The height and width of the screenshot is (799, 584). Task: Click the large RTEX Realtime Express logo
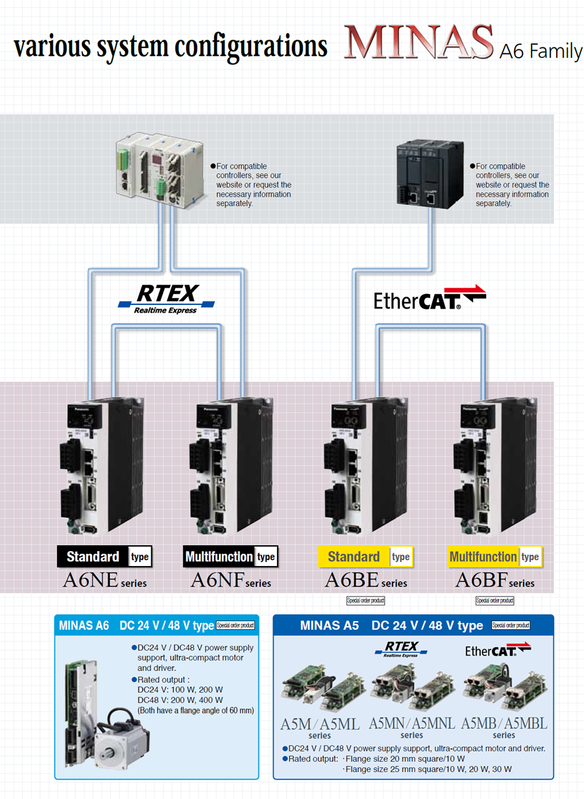coord(167,299)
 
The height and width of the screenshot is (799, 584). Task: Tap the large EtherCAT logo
coord(430,297)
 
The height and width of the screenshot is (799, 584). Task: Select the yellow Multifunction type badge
coord(494,557)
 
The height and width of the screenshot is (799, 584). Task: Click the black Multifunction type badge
coord(230,557)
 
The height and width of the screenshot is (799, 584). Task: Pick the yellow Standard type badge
coord(365,557)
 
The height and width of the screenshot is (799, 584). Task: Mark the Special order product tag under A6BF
coord(494,600)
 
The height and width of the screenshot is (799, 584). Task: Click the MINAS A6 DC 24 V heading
coord(136,626)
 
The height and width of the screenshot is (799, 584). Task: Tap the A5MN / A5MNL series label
coord(411,727)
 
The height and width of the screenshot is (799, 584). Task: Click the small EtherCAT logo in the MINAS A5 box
coord(498,650)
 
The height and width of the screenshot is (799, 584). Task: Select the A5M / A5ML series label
coord(320,728)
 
